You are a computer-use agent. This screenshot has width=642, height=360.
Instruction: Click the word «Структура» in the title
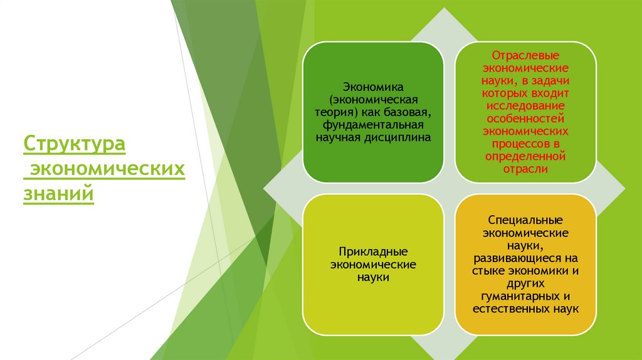coord(75,144)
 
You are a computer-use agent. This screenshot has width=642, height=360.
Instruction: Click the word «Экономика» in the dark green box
coord(372,87)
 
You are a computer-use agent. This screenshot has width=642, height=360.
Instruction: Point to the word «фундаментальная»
coord(372,125)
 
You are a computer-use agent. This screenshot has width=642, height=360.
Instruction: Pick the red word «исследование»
coord(525,105)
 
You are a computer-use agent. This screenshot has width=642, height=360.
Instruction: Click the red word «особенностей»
coord(525,118)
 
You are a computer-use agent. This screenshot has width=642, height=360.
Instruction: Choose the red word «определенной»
coord(525,156)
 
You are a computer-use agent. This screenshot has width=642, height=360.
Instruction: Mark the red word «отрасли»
coord(525,169)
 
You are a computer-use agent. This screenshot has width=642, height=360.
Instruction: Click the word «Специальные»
coord(525,221)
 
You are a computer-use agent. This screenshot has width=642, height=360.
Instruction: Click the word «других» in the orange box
coord(525,283)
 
